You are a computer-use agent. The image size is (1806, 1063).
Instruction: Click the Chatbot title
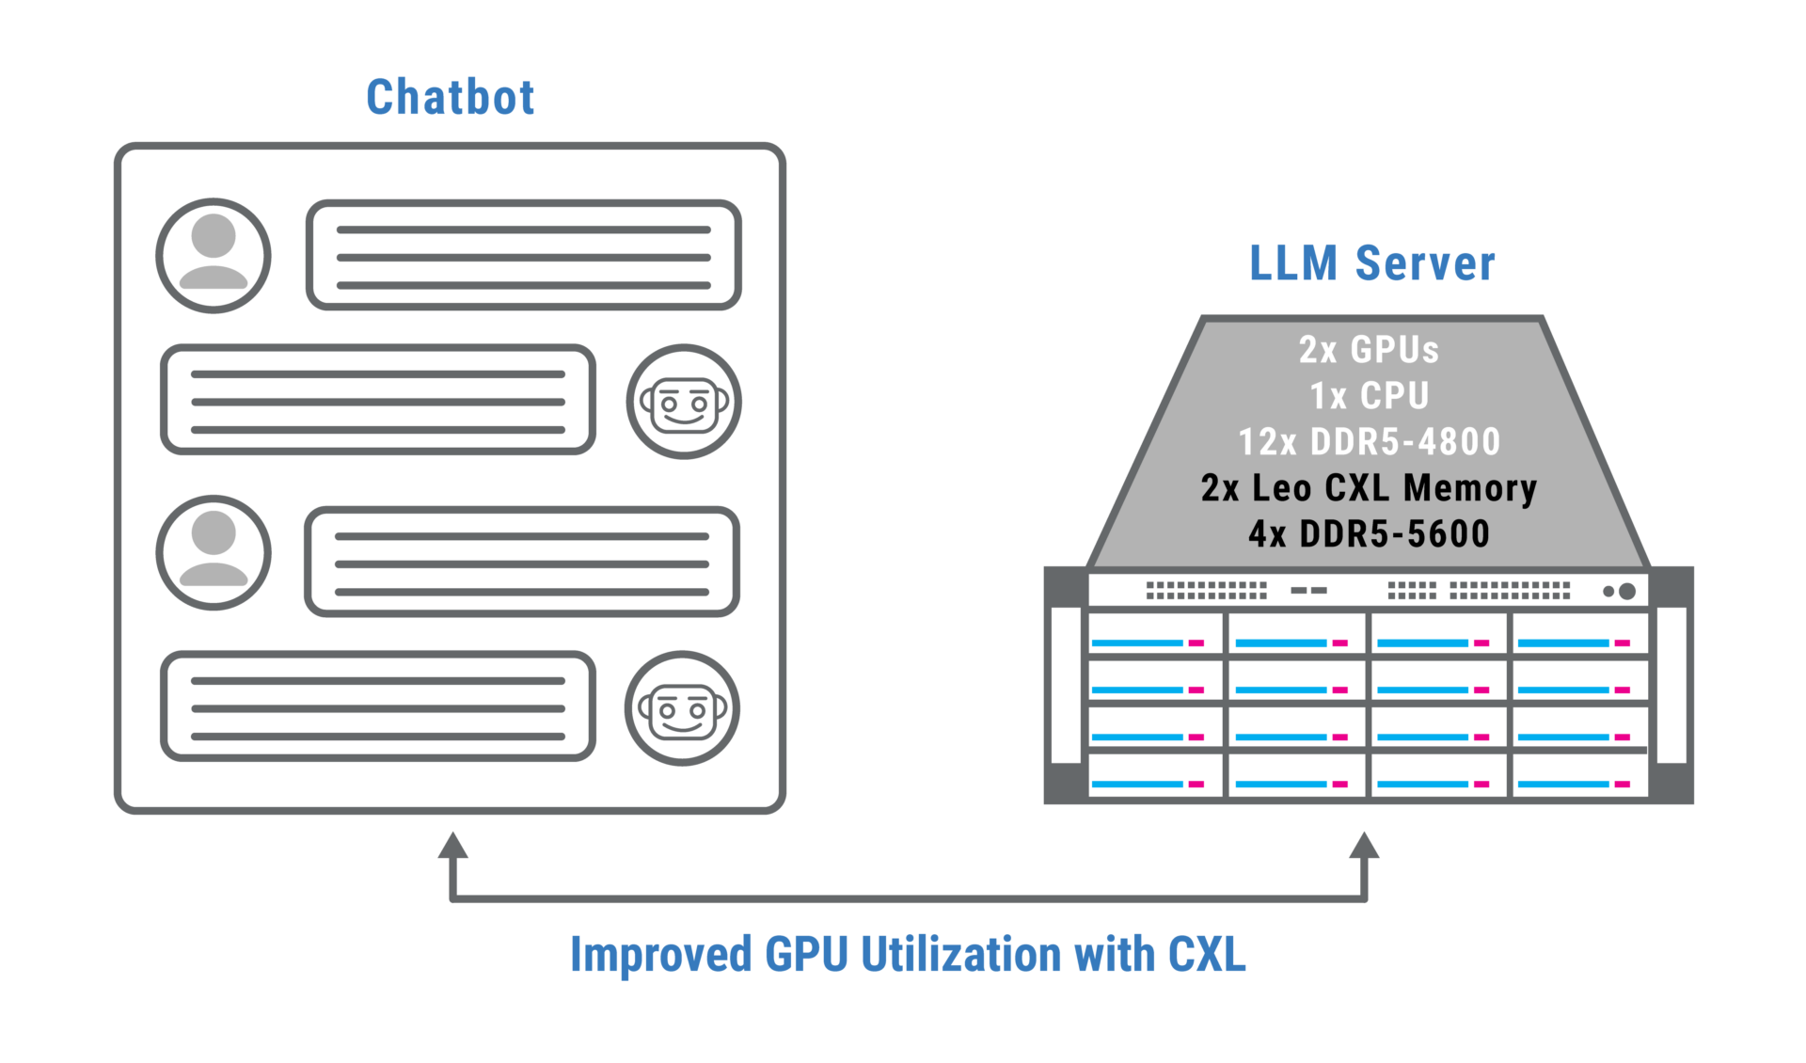pos(450,97)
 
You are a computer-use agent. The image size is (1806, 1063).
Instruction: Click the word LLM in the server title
pos(1293,263)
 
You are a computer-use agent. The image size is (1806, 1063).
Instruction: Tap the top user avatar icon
pos(214,255)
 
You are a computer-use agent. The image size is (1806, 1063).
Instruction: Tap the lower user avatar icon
pos(214,553)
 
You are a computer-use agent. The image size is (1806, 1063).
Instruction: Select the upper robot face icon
pos(684,402)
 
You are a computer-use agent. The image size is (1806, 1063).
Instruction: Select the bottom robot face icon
pos(682,708)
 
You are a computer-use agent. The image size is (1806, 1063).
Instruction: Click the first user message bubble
pos(523,255)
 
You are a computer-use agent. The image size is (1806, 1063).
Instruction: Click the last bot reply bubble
pos(378,706)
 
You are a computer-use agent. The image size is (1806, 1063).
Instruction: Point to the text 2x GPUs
pos(1369,350)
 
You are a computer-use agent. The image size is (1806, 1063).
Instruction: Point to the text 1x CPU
pos(1369,396)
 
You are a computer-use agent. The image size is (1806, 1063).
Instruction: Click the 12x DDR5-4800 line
pos(1369,442)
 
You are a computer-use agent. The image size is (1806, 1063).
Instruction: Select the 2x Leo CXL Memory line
pos(1369,488)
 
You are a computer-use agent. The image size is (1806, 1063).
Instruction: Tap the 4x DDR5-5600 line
pos(1369,534)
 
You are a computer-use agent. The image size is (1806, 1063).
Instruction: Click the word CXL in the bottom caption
pos(1207,955)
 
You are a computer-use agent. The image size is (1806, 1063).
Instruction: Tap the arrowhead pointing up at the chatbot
pos(452,846)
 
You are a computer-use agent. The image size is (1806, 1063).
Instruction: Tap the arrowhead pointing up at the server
pos(1364,846)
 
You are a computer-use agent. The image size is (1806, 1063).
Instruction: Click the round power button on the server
pos(1626,591)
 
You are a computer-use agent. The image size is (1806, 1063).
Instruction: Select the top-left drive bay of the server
pos(1155,633)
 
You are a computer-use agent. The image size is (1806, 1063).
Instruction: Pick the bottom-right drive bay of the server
pos(1579,774)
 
